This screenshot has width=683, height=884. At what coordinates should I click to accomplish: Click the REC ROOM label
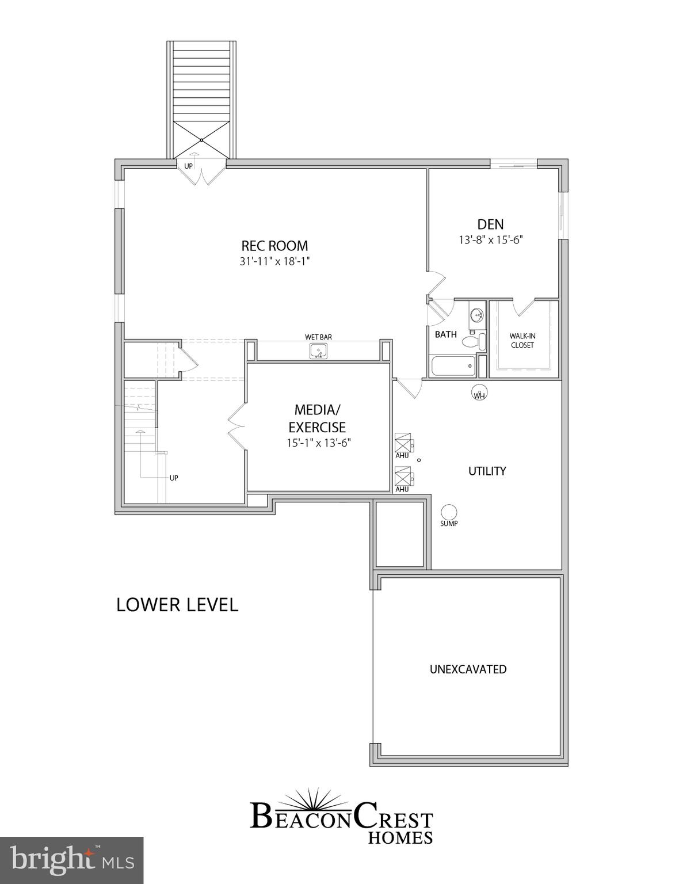pos(274,246)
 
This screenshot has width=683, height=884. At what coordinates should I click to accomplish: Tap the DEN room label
pos(490,224)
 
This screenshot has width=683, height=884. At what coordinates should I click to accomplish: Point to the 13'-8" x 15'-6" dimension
pos(490,240)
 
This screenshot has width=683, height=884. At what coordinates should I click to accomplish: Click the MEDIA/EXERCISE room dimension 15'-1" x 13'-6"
pos(318,443)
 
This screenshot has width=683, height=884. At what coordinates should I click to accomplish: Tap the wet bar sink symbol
pos(318,350)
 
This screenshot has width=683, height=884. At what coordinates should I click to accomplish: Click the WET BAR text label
pos(318,337)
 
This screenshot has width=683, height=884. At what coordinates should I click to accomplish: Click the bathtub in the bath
pos(453,366)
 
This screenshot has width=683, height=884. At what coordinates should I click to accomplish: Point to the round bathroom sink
pos(477,315)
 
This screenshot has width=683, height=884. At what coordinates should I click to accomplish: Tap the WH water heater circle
pos(479,394)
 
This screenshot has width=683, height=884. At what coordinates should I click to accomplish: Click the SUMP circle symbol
pos(449,512)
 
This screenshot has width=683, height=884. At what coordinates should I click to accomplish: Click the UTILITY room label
pos(487,471)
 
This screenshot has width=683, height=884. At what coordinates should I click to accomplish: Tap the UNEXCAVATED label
pos(468,669)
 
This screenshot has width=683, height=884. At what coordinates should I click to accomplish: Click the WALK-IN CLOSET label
pos(522,341)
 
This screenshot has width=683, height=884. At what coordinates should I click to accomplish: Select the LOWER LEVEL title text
pos(177,605)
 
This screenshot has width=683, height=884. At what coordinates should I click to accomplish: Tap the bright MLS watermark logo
pos(71,860)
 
